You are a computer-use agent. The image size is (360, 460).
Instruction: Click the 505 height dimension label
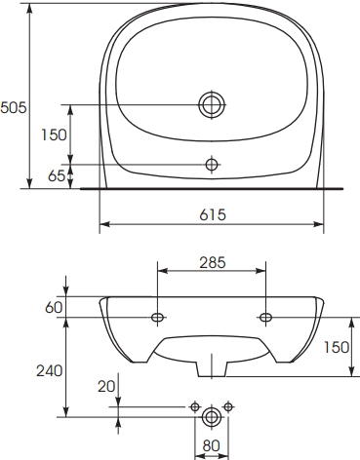pyautogui.click(x=14, y=107)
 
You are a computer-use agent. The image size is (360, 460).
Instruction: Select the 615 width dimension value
pyautogui.click(x=213, y=214)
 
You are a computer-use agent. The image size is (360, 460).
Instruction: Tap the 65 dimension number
pyautogui.click(x=57, y=175)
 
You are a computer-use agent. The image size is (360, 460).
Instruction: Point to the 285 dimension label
pyautogui.click(x=213, y=263)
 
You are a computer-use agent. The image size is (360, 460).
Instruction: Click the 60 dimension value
pyautogui.click(x=54, y=307)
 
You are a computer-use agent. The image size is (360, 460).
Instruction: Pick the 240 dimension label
pyautogui.click(x=49, y=370)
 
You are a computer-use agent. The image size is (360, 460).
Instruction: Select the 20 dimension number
pyautogui.click(x=106, y=386)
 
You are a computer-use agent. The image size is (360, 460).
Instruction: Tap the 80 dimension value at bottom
pyautogui.click(x=212, y=446)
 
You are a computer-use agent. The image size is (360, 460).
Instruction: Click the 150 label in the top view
pyautogui.click(x=54, y=134)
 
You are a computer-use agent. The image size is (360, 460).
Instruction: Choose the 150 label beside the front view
pyautogui.click(x=337, y=347)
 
